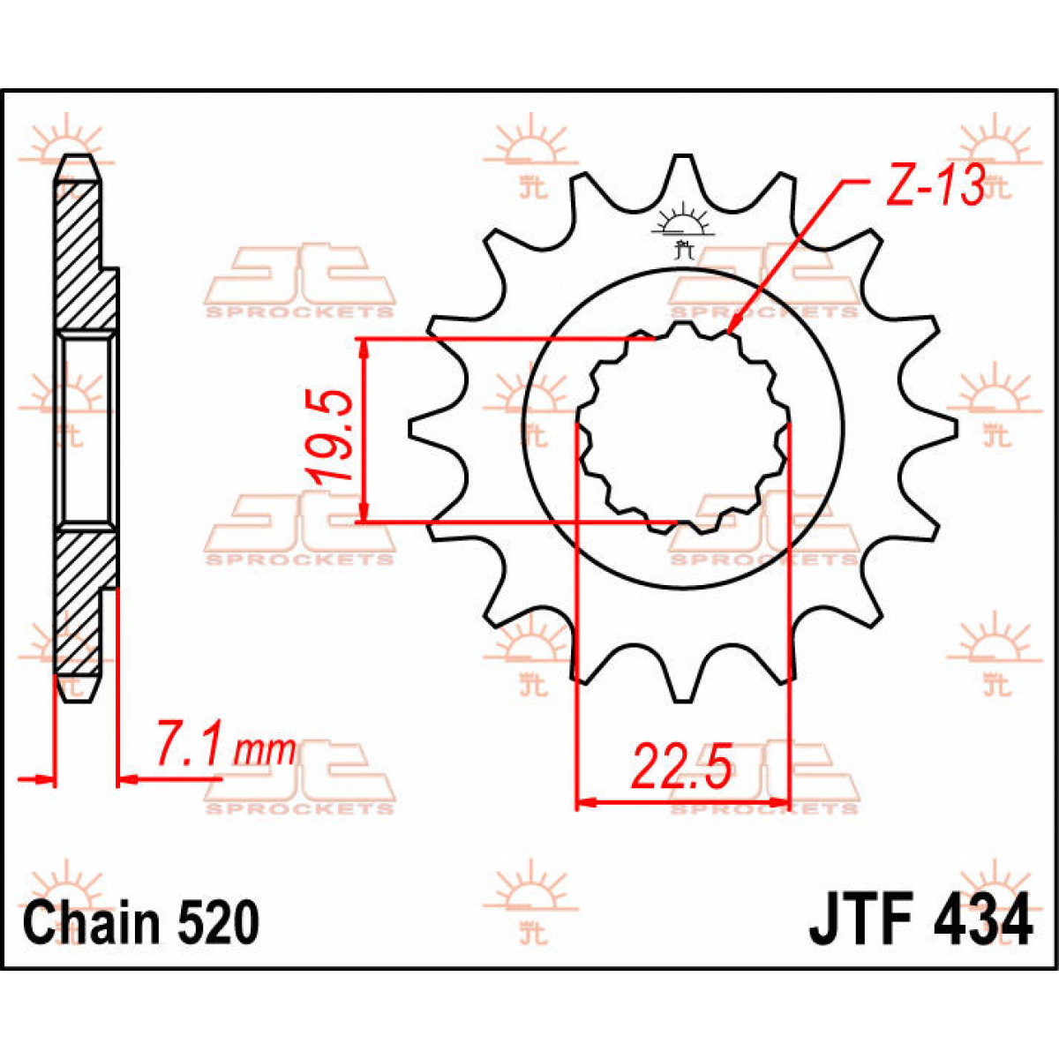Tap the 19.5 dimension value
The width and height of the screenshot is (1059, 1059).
coord(334,436)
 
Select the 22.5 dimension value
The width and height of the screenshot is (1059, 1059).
coord(681,768)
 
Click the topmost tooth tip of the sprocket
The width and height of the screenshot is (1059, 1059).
coord(681,158)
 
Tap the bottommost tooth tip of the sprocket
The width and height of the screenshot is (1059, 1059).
coord(681,700)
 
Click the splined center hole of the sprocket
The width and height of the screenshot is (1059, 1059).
coord(682,429)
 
